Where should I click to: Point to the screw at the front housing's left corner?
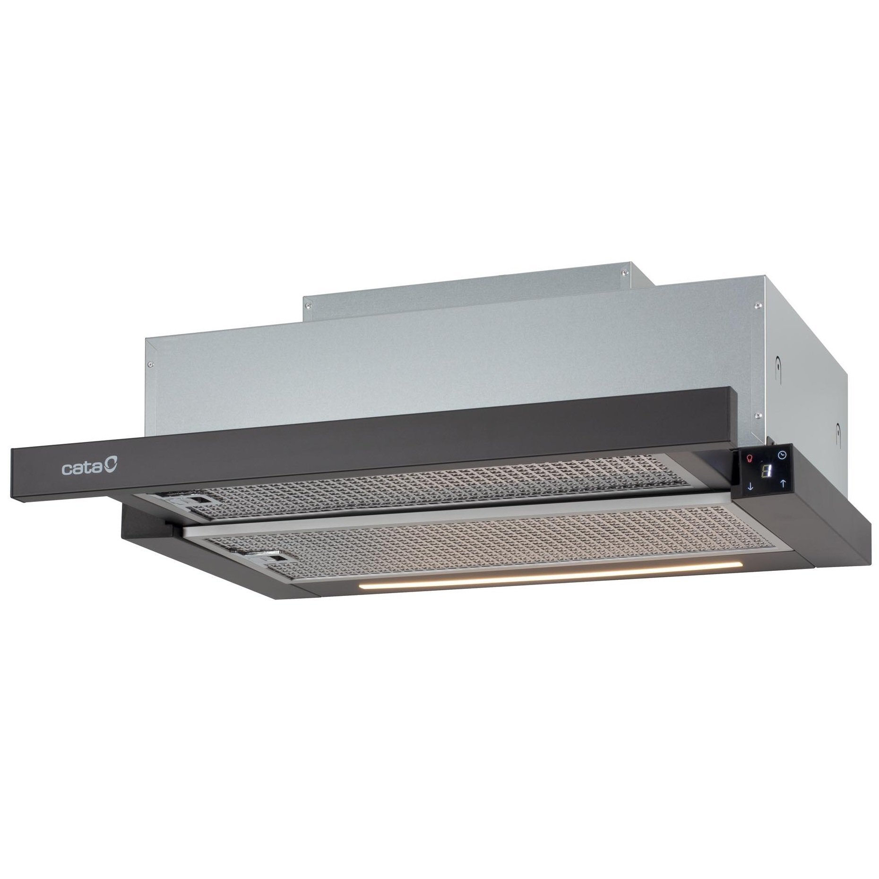(150, 364)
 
